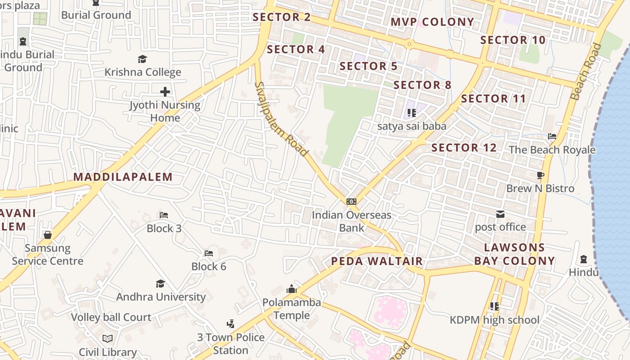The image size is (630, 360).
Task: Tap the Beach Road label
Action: (x=586, y=71)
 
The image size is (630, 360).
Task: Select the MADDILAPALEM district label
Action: (x=123, y=177)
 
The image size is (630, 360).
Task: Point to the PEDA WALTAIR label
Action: (x=377, y=261)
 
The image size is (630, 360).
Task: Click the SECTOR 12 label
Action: (x=464, y=148)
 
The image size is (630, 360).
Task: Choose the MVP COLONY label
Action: (x=432, y=22)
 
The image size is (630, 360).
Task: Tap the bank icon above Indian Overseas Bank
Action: (x=351, y=202)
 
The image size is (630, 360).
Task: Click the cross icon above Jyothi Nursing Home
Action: (x=165, y=92)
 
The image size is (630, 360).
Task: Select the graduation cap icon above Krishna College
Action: (x=143, y=59)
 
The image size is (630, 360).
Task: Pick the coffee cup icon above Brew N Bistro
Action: (x=540, y=175)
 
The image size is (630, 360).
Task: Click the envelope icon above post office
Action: (x=500, y=214)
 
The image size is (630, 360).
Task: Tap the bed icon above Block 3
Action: (x=164, y=215)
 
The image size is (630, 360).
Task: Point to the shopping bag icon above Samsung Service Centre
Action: (x=48, y=235)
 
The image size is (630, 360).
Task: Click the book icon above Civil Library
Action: (x=108, y=338)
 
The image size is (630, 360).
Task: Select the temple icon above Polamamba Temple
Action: (x=292, y=289)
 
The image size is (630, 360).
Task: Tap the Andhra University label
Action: (x=161, y=297)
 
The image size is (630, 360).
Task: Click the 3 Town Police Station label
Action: (x=231, y=344)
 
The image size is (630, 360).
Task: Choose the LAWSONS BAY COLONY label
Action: (x=514, y=254)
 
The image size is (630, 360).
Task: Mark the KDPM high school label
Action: (x=495, y=320)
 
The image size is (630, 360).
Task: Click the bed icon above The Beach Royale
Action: (x=552, y=136)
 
